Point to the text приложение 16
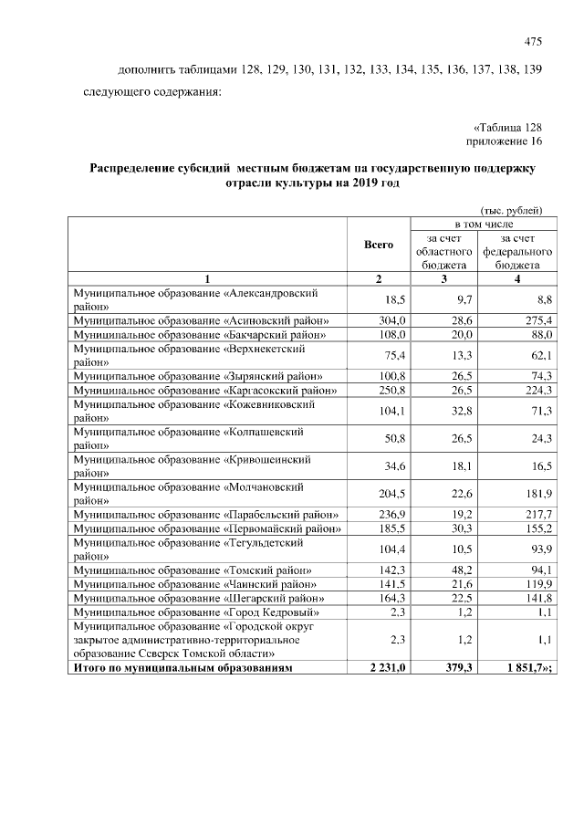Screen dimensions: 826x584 (504, 141)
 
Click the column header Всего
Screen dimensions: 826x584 (379, 245)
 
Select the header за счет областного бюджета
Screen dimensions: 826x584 (443, 251)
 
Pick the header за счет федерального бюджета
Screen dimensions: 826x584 (516, 251)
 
